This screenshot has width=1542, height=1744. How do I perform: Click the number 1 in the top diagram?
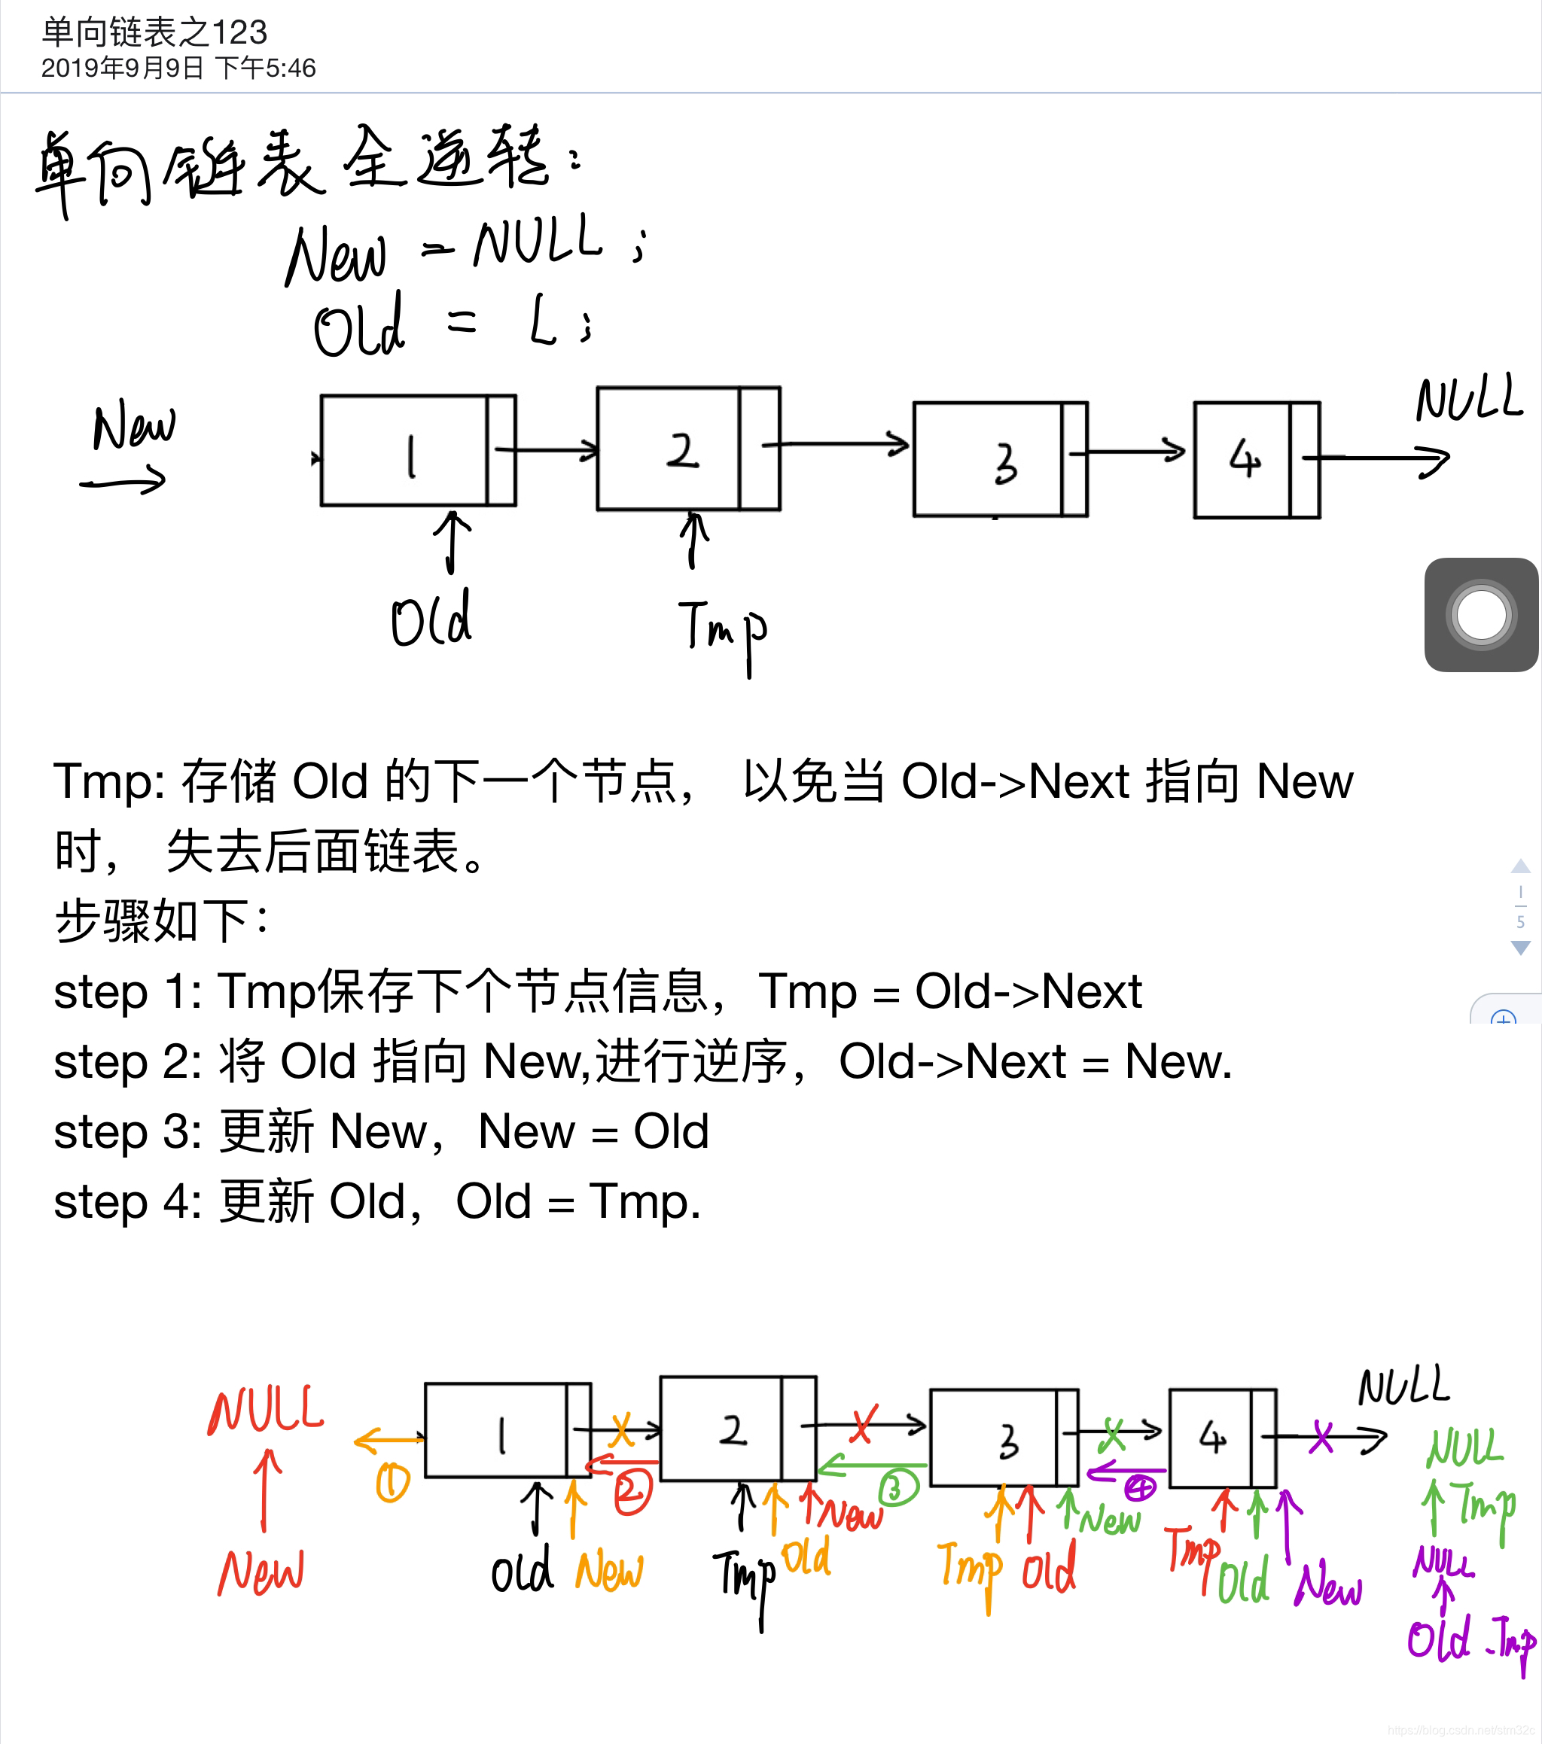pyautogui.click(x=411, y=456)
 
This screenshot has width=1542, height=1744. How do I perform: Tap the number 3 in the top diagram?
pyautogui.click(x=1005, y=464)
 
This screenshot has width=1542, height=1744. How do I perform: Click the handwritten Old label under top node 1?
pyautogui.click(x=431, y=618)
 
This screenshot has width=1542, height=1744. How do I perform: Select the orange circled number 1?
pyautogui.click(x=392, y=1483)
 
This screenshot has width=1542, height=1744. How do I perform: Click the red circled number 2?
pyautogui.click(x=632, y=1491)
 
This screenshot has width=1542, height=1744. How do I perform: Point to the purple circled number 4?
pyautogui.click(x=1139, y=1489)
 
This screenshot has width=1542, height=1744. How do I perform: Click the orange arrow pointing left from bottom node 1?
pyautogui.click(x=389, y=1440)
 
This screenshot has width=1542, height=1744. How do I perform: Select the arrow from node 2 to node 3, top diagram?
pyautogui.click(x=837, y=443)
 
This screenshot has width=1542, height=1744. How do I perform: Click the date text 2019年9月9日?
pyautogui.click(x=122, y=68)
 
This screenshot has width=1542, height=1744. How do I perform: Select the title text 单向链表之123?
pyautogui.click(x=154, y=32)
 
